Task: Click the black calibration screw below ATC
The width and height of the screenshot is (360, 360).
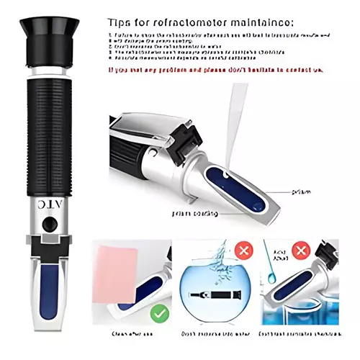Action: [48, 224]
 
